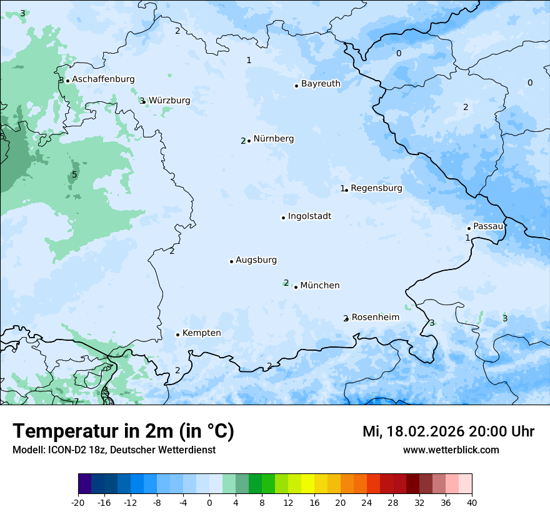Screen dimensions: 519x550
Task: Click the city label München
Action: tap(320, 286)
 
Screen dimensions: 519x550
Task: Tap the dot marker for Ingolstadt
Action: tap(283, 218)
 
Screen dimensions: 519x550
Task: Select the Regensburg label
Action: tap(376, 188)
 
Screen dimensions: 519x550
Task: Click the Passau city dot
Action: tap(469, 228)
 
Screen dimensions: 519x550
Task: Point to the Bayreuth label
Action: tap(321, 84)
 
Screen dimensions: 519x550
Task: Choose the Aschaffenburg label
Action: tap(103, 79)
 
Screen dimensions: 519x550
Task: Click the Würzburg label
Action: tap(169, 101)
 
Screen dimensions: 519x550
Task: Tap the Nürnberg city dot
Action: tap(249, 141)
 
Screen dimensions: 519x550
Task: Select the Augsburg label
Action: tap(256, 260)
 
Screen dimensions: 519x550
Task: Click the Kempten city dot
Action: tap(177, 335)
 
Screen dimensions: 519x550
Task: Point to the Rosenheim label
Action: tap(375, 318)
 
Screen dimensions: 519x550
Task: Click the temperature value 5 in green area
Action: tap(74, 174)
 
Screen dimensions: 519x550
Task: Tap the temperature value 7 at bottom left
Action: tap(76, 401)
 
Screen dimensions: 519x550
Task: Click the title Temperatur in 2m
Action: tap(123, 431)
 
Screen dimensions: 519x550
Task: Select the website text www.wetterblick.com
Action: tap(451, 450)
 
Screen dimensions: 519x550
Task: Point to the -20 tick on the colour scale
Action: tap(78, 503)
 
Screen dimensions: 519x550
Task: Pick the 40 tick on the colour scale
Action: tap(472, 503)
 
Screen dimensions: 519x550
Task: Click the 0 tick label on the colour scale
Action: tap(209, 503)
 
